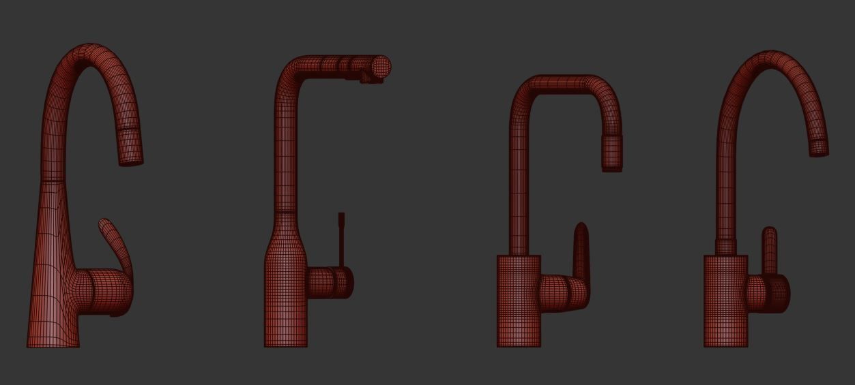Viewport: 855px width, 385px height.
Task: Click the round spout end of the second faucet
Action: tap(380, 67)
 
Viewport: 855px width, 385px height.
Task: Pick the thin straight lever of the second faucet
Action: tap(342, 238)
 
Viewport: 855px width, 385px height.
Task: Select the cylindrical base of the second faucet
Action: tap(285, 307)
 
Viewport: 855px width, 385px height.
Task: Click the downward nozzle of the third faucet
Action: tap(612, 153)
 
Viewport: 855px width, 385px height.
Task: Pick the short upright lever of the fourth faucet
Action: tap(769, 249)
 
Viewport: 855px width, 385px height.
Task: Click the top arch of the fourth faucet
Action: tap(771, 59)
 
